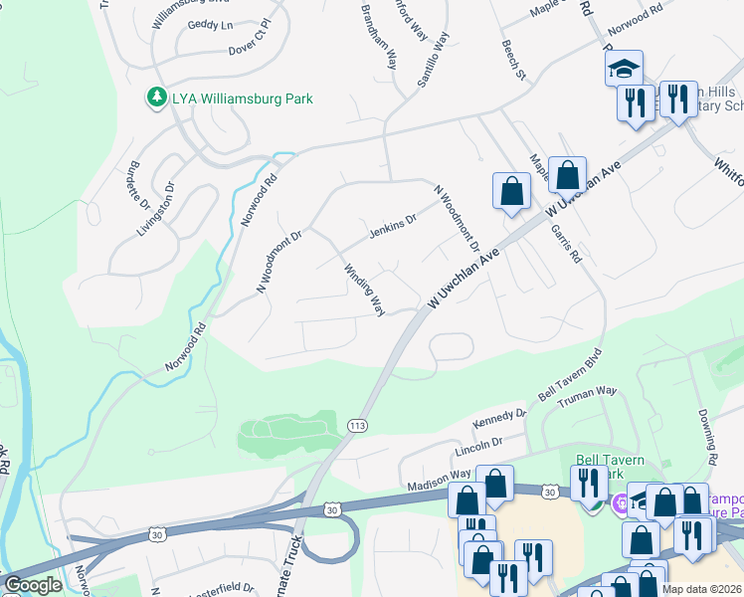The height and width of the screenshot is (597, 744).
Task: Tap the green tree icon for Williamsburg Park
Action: tap(156, 98)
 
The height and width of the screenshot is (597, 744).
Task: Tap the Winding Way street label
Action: tap(364, 290)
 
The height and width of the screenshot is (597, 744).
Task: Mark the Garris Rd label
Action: tap(565, 242)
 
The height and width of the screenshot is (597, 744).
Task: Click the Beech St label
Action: tap(513, 60)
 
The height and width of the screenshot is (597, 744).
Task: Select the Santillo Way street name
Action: tap(434, 60)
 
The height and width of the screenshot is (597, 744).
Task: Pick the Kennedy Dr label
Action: tap(498, 419)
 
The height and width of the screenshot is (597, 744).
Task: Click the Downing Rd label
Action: tap(707, 425)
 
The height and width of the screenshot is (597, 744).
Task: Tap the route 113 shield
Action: tap(356, 426)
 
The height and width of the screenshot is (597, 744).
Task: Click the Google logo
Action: tap(33, 585)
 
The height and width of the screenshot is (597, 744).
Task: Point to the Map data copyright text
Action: tap(702, 589)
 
